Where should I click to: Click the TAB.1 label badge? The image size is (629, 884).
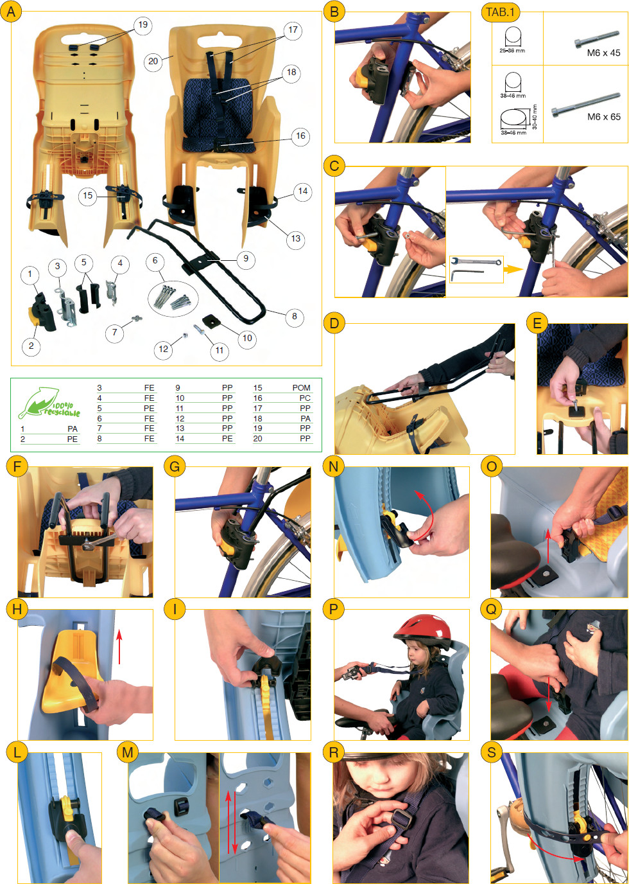click(x=501, y=12)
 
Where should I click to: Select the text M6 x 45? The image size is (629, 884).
click(x=603, y=53)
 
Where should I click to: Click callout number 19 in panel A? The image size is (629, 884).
click(x=142, y=24)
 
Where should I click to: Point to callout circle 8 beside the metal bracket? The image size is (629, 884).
click(x=294, y=316)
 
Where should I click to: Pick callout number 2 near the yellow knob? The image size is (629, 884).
click(x=31, y=346)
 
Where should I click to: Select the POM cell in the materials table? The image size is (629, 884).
click(x=301, y=388)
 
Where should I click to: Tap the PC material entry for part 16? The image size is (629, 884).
click(x=305, y=398)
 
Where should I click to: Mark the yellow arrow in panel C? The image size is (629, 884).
click(x=513, y=270)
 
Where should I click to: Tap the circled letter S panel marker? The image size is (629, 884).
click(x=492, y=752)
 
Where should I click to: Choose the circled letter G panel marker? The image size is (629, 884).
click(x=175, y=466)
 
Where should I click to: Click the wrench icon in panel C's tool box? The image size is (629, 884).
click(x=476, y=261)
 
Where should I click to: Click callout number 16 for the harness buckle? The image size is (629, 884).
click(x=300, y=136)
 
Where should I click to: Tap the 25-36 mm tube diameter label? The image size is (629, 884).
click(x=512, y=51)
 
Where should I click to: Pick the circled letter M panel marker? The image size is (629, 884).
click(x=128, y=752)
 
